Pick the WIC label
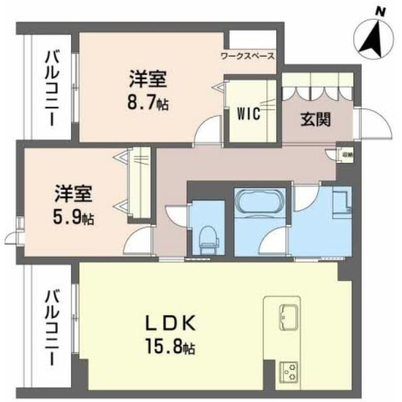pos(248,114)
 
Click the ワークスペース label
pos(247,56)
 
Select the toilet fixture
pos(207,237)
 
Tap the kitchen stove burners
pos(291,372)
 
